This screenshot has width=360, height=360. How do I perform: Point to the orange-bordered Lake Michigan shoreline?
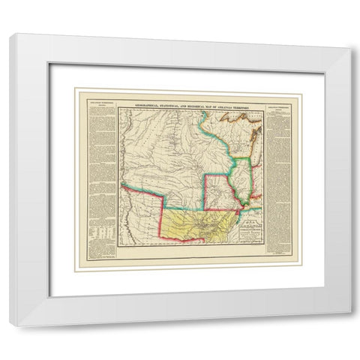pyautogui.click(x=250, y=150)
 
